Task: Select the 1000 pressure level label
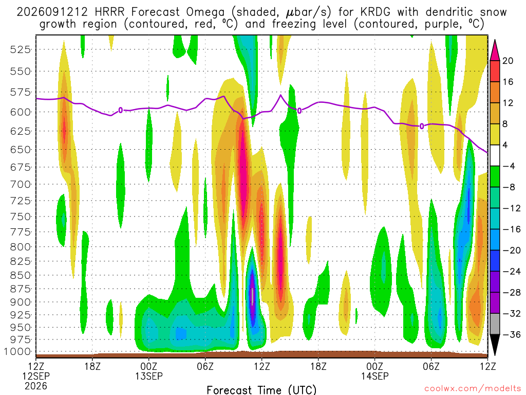(17, 352)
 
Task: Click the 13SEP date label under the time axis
(148, 376)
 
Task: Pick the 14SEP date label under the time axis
(374, 376)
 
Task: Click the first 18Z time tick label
(92, 366)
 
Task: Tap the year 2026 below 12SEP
(36, 386)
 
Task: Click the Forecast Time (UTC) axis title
(261, 390)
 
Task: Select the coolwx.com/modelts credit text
(473, 389)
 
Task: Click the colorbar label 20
(508, 61)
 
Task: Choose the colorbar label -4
(509, 166)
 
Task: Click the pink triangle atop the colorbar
(495, 50)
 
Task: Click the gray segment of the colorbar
(495, 324)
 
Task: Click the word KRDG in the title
(375, 12)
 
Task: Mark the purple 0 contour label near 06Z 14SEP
(422, 127)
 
